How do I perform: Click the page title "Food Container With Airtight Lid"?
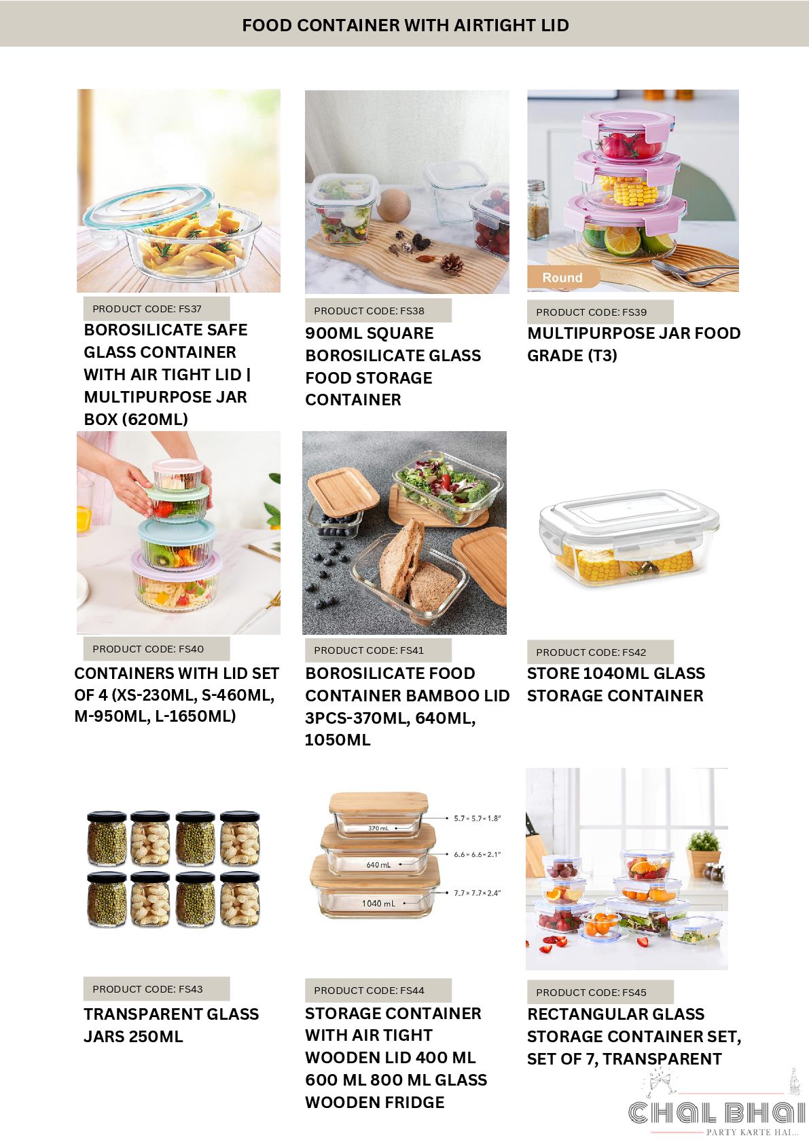point(406,25)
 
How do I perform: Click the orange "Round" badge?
point(562,277)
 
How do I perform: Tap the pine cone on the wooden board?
point(452,265)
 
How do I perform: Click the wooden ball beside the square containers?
point(395,205)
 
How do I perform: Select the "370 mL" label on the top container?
point(378,828)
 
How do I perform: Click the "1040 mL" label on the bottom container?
point(379,904)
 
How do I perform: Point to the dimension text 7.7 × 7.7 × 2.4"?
point(478,893)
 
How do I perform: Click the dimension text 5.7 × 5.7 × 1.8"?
point(478,818)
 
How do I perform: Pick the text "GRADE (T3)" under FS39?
point(572,356)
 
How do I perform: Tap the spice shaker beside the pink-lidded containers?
point(537,209)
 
